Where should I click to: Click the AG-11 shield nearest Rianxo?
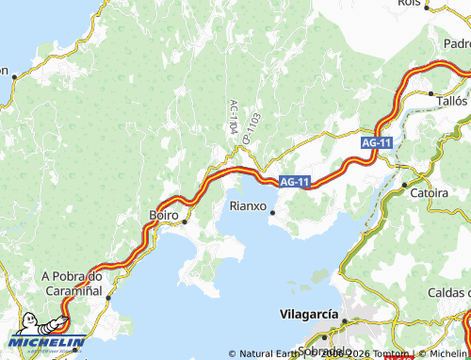coord(295,181)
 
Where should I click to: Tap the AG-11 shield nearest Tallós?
coord(376,142)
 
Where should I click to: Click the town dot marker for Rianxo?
coord(273,212)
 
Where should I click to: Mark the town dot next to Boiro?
coord(186,221)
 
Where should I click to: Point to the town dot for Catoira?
coord(404,185)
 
